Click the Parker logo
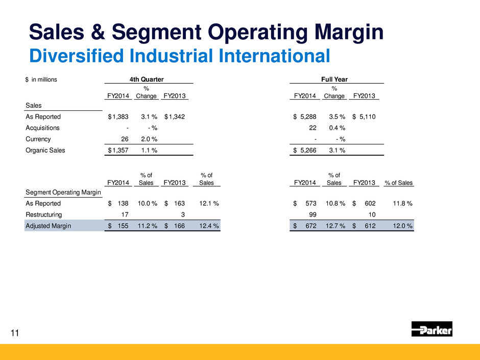431,330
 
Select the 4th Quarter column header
149,79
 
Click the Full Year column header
337,79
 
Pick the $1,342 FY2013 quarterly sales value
175,117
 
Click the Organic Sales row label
45,150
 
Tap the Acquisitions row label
43,128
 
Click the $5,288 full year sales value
305,117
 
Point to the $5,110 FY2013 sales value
365,117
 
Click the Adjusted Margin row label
49,225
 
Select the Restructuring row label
44,214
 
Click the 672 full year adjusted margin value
309,225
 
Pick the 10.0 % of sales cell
147,204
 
